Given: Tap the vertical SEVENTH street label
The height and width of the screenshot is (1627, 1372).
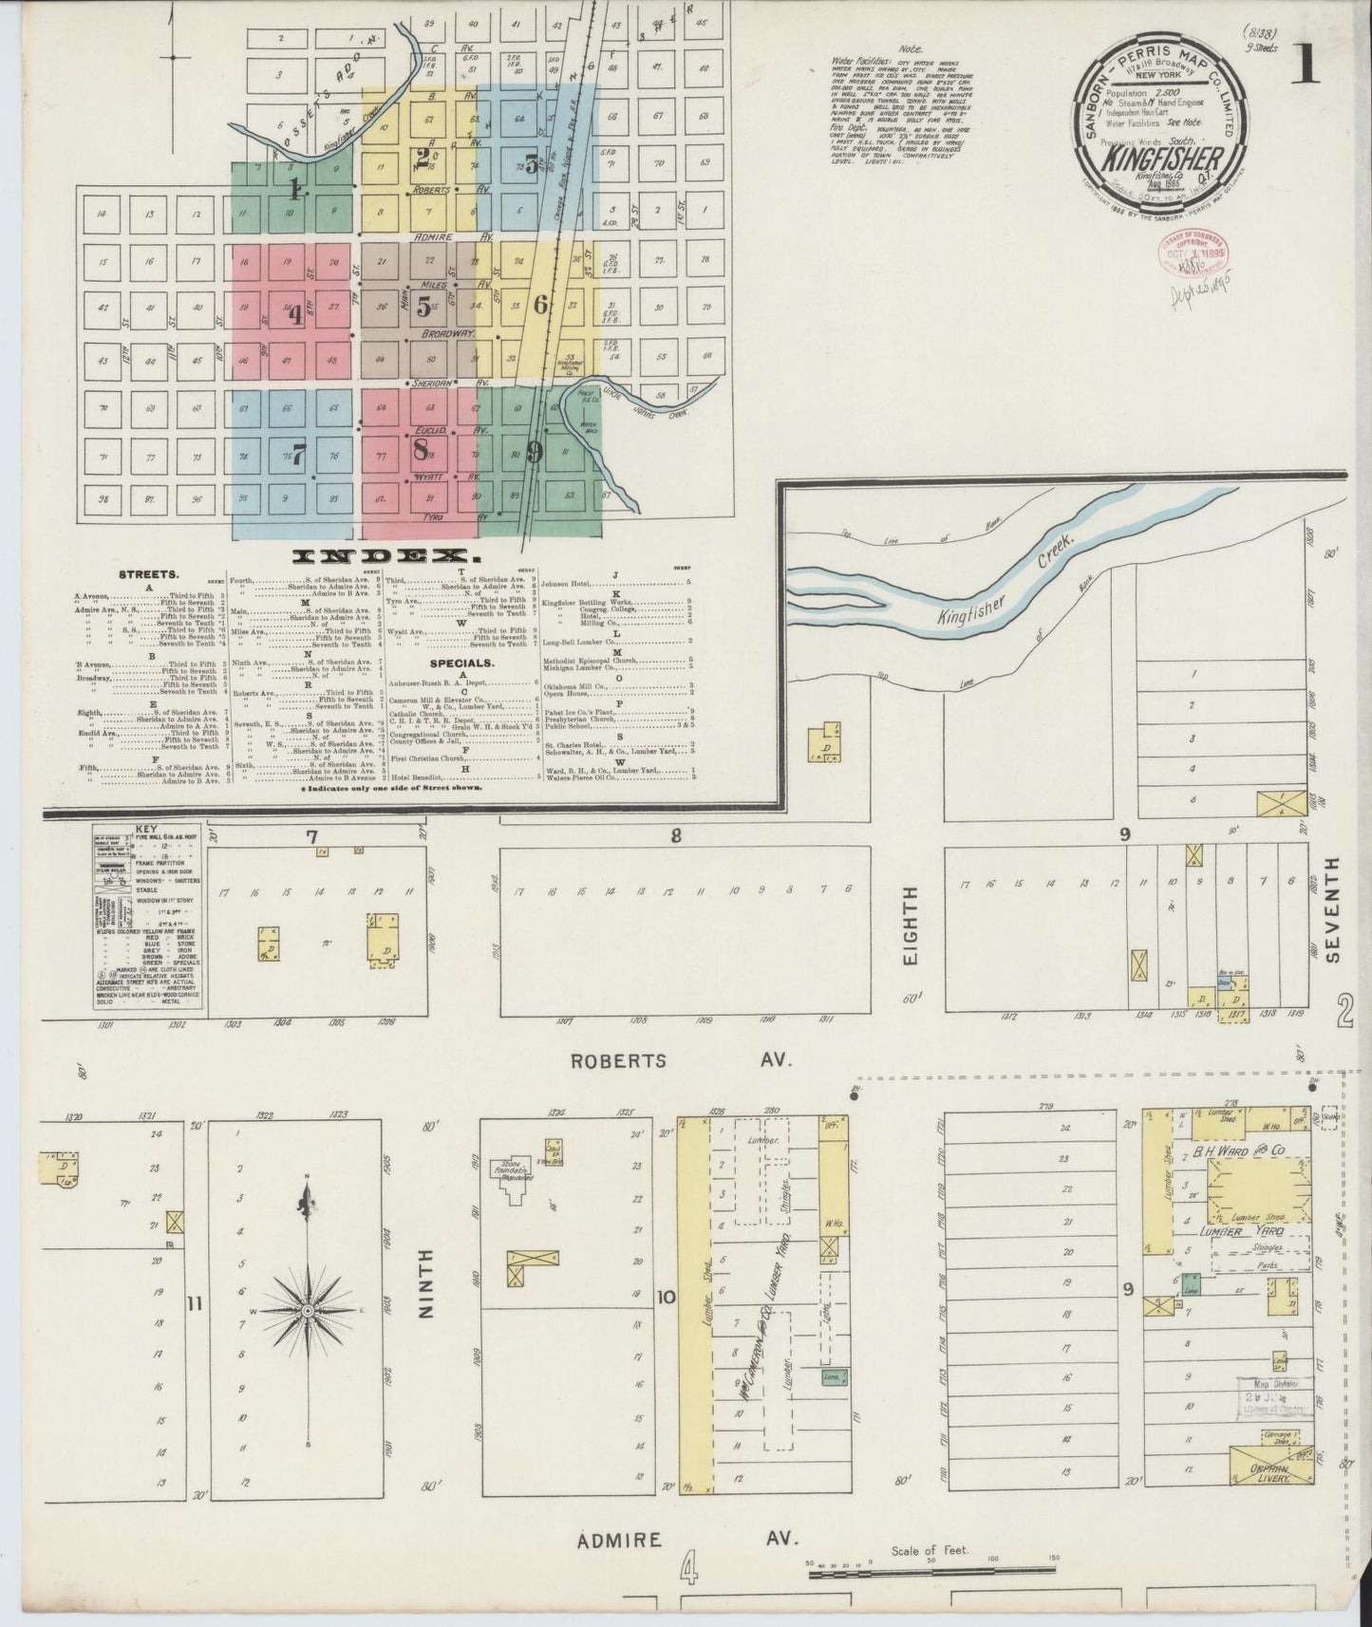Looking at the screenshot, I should pyautogui.click(x=1332, y=909).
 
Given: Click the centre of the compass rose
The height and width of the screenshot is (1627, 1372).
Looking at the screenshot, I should pyautogui.click(x=307, y=1311).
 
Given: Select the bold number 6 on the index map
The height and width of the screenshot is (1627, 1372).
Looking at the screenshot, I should pyautogui.click(x=540, y=305).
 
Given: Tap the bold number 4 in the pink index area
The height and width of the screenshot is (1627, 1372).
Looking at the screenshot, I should pyautogui.click(x=295, y=314).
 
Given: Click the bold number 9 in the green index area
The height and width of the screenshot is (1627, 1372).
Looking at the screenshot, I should pyautogui.click(x=535, y=454).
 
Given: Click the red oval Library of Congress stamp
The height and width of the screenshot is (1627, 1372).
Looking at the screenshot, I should pyautogui.click(x=1191, y=254).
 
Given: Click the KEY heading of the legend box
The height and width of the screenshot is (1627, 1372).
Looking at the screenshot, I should pyautogui.click(x=147, y=829).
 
